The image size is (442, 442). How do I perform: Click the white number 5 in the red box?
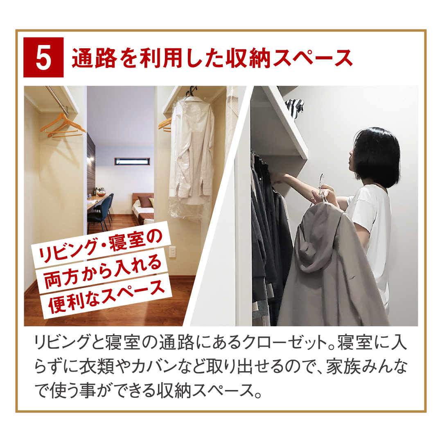[x=44, y=57]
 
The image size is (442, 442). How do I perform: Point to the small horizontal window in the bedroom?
[x=132, y=162]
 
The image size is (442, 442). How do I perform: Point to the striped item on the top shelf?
[x=294, y=108]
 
